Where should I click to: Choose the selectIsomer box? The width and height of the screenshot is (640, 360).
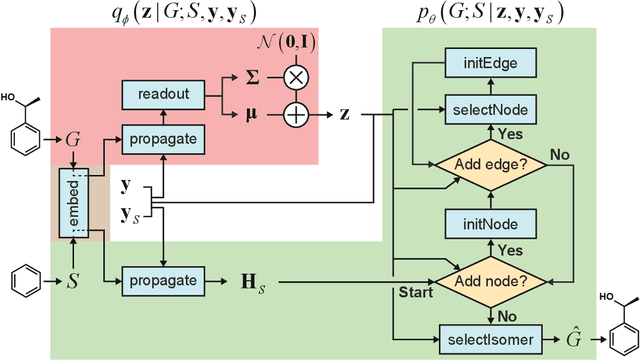pos(491,337)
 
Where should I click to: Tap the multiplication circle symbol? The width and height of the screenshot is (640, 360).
pos(295,75)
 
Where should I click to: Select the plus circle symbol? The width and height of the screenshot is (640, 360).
pos(295,114)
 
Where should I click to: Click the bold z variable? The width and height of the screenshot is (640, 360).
pos(346,114)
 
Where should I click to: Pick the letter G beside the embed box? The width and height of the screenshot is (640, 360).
pos(73,141)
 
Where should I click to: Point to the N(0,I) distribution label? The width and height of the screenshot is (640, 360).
pos(296,42)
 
